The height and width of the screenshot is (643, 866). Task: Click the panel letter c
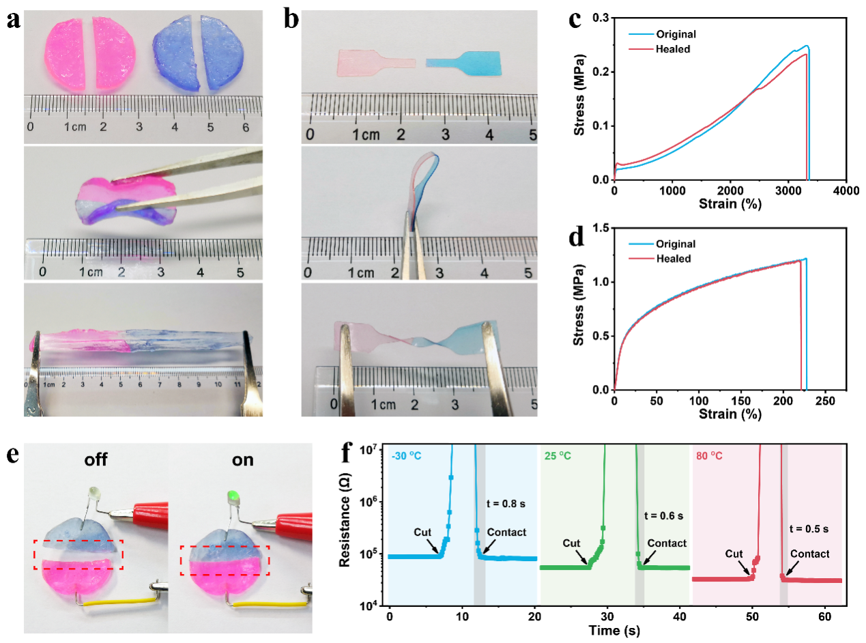pyautogui.click(x=575, y=20)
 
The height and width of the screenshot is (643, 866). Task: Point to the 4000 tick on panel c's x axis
pyautogui.click(x=846, y=192)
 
